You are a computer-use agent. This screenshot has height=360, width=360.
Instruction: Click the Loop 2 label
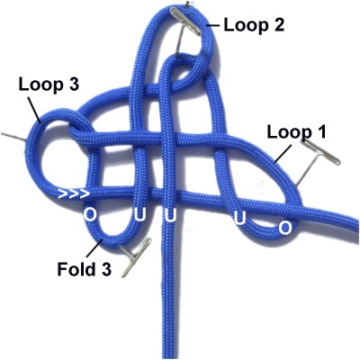click(x=254, y=25)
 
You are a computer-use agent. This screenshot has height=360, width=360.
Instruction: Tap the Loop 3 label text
click(x=49, y=85)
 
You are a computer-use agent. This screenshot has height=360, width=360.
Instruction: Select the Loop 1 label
click(x=296, y=132)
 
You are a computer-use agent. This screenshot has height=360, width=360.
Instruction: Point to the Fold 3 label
click(x=85, y=269)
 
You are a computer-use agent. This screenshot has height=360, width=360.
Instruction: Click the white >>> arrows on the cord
click(x=74, y=193)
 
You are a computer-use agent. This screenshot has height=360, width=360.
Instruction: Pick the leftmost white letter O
click(x=89, y=215)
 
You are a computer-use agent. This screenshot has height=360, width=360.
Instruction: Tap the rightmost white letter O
click(x=285, y=229)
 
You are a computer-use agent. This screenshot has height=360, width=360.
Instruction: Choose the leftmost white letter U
click(x=140, y=215)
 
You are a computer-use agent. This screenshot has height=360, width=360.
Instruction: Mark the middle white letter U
click(x=170, y=216)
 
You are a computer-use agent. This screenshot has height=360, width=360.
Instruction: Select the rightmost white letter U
click(x=239, y=219)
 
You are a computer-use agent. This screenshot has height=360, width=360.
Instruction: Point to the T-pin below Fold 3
click(x=133, y=255)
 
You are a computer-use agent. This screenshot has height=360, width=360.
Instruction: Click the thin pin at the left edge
click(x=13, y=136)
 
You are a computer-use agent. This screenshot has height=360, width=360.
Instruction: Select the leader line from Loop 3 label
click(x=34, y=110)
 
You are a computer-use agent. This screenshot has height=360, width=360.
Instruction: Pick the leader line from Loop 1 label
click(x=283, y=154)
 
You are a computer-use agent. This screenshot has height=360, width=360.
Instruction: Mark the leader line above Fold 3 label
click(x=94, y=247)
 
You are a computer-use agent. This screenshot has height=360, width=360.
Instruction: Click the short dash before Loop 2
click(x=213, y=25)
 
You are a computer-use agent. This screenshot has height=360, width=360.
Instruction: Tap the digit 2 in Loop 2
click(x=277, y=25)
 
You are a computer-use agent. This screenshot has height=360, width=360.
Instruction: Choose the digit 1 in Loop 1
click(x=321, y=132)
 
